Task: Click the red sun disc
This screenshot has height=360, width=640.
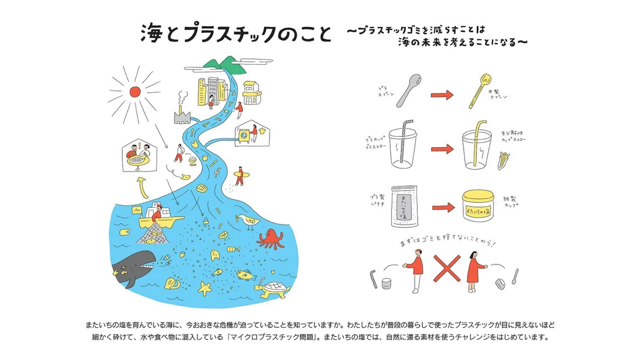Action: [x=135, y=92]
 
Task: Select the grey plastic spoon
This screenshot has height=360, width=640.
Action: [x=409, y=90]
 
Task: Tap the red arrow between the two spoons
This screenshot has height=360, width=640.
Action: [x=442, y=95]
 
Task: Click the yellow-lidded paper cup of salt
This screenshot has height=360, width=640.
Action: [x=478, y=206]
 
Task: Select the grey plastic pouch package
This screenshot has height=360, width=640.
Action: [x=404, y=207]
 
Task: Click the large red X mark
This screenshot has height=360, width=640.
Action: [x=447, y=269]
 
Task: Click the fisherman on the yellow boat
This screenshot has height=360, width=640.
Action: [x=157, y=213]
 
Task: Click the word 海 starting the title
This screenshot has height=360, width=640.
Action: [x=152, y=33]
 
